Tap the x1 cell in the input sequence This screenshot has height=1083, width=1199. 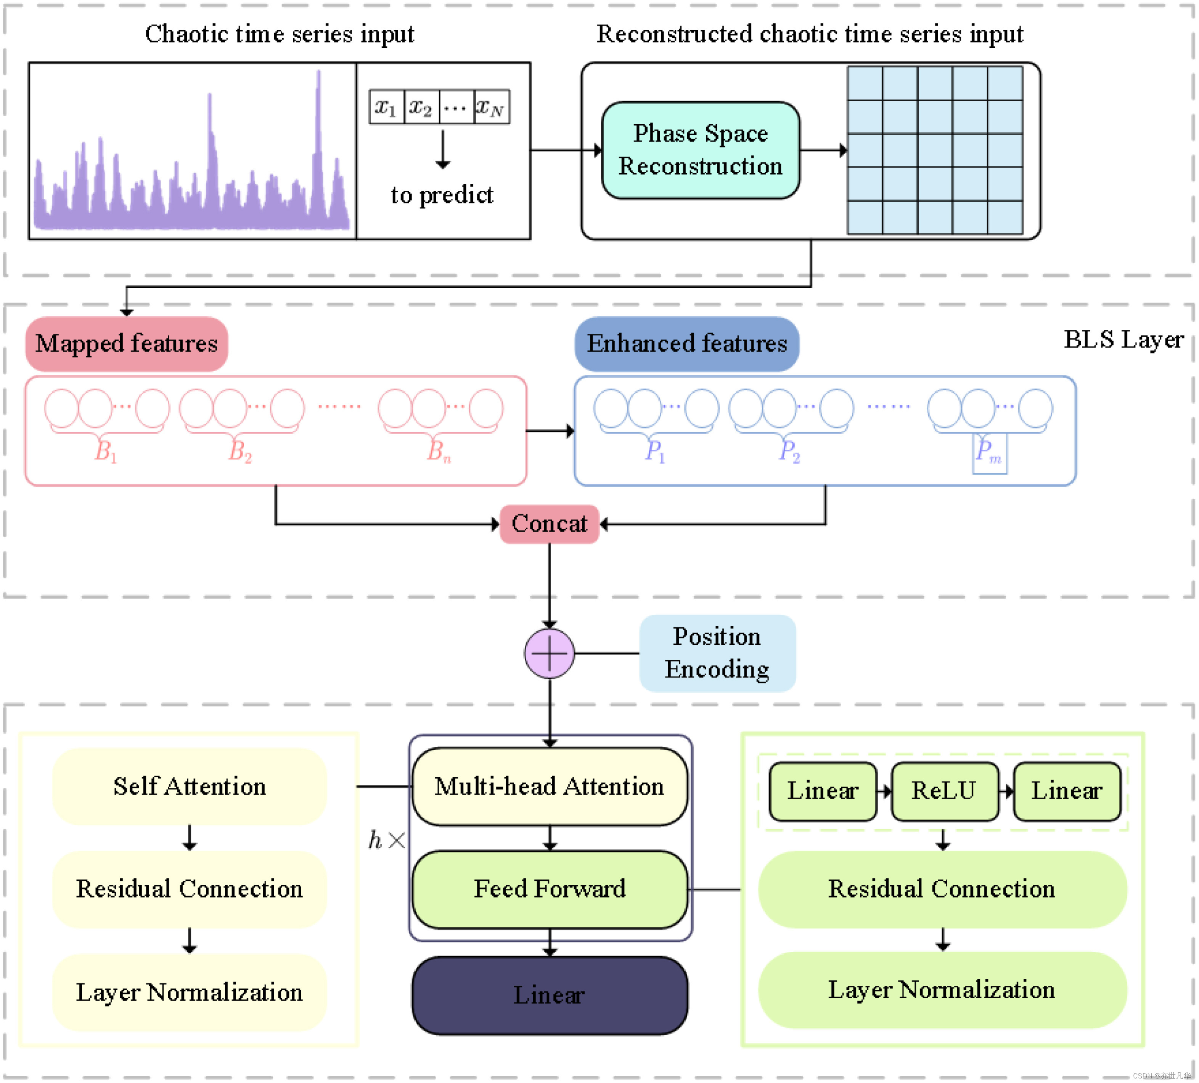(x=387, y=107)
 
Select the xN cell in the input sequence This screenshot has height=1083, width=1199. (x=492, y=107)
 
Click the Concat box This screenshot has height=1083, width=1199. (x=550, y=524)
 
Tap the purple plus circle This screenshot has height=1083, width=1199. (x=550, y=653)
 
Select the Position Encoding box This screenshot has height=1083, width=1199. (x=718, y=653)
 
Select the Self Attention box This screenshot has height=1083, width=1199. (x=190, y=786)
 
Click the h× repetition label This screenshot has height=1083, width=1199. (x=387, y=840)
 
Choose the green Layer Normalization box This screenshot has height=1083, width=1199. (x=943, y=990)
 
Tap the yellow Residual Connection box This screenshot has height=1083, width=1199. (x=190, y=890)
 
